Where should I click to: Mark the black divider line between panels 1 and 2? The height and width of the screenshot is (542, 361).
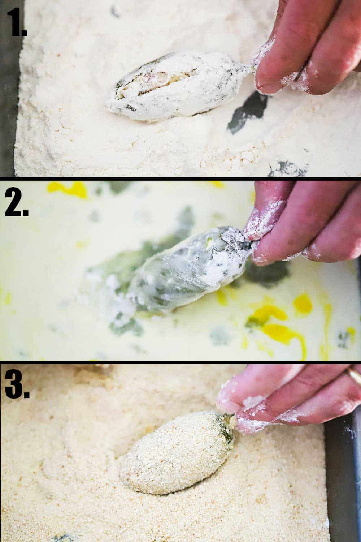point(180,178)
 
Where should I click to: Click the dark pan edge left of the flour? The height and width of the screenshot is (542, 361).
point(9,108)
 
